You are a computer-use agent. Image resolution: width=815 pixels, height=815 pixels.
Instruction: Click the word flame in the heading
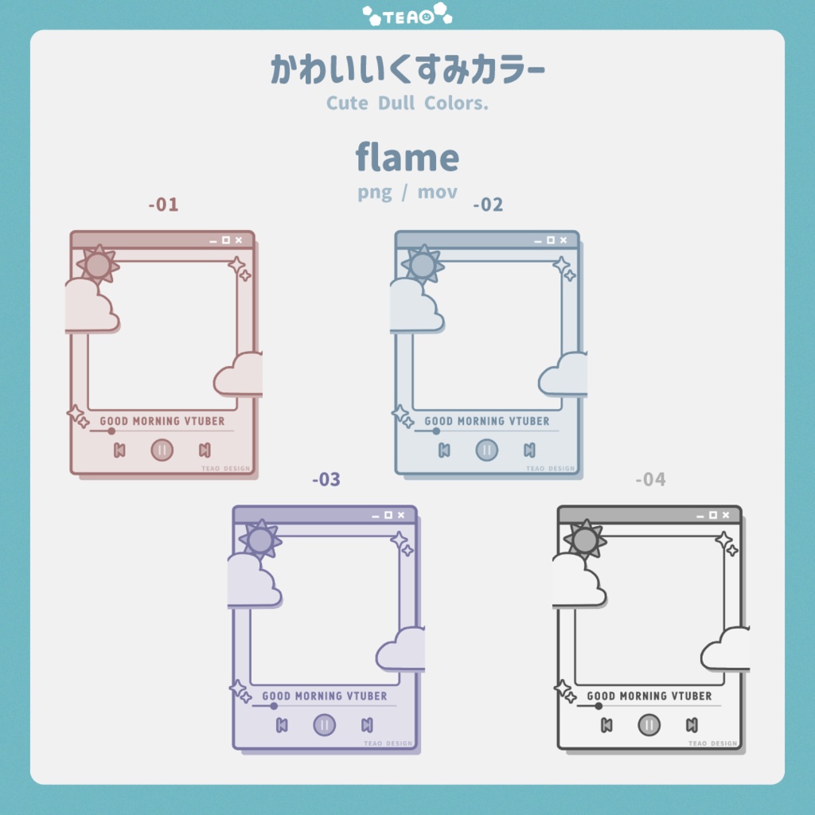point(407,158)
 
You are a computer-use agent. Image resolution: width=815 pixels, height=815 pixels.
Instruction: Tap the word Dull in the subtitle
point(396,103)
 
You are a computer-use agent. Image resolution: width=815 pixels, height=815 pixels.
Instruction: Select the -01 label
point(164,205)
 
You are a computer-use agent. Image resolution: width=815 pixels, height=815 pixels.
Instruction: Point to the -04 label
point(651,479)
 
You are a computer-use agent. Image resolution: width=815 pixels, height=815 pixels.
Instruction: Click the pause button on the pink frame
point(162,450)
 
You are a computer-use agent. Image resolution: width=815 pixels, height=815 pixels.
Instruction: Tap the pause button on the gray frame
point(649,725)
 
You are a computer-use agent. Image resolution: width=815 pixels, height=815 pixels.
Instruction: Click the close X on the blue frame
point(563,240)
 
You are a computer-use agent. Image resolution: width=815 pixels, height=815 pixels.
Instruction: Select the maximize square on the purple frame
point(388,515)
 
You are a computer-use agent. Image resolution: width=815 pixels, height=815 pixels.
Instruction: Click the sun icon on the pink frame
point(98,265)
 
